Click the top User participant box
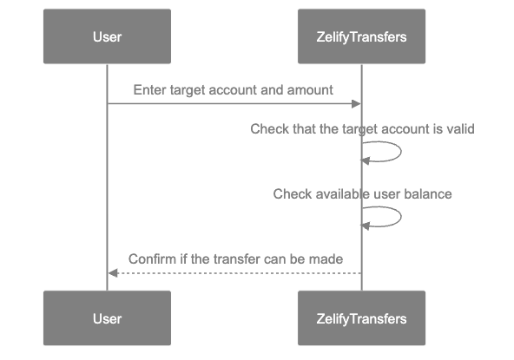(x=107, y=36)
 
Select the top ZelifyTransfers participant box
(x=361, y=36)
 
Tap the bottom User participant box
(x=107, y=319)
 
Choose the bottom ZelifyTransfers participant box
(x=361, y=319)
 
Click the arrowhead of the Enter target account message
(x=356, y=104)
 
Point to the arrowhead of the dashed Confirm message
(x=112, y=273)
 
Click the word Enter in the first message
(x=148, y=90)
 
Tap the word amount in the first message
(x=313, y=90)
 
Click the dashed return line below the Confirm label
(x=234, y=273)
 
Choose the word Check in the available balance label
(x=290, y=193)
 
